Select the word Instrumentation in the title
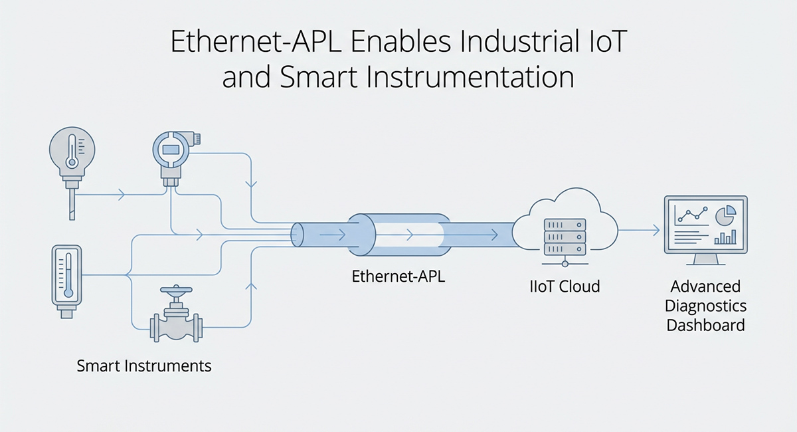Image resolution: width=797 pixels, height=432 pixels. coord(484,78)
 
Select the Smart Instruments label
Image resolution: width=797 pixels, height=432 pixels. coord(144,366)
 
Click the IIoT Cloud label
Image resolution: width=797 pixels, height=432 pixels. coord(564,287)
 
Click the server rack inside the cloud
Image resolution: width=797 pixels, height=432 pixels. coord(564,237)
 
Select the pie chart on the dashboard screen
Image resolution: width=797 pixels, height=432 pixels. coord(725,214)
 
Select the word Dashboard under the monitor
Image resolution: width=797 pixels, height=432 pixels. coord(705,326)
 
